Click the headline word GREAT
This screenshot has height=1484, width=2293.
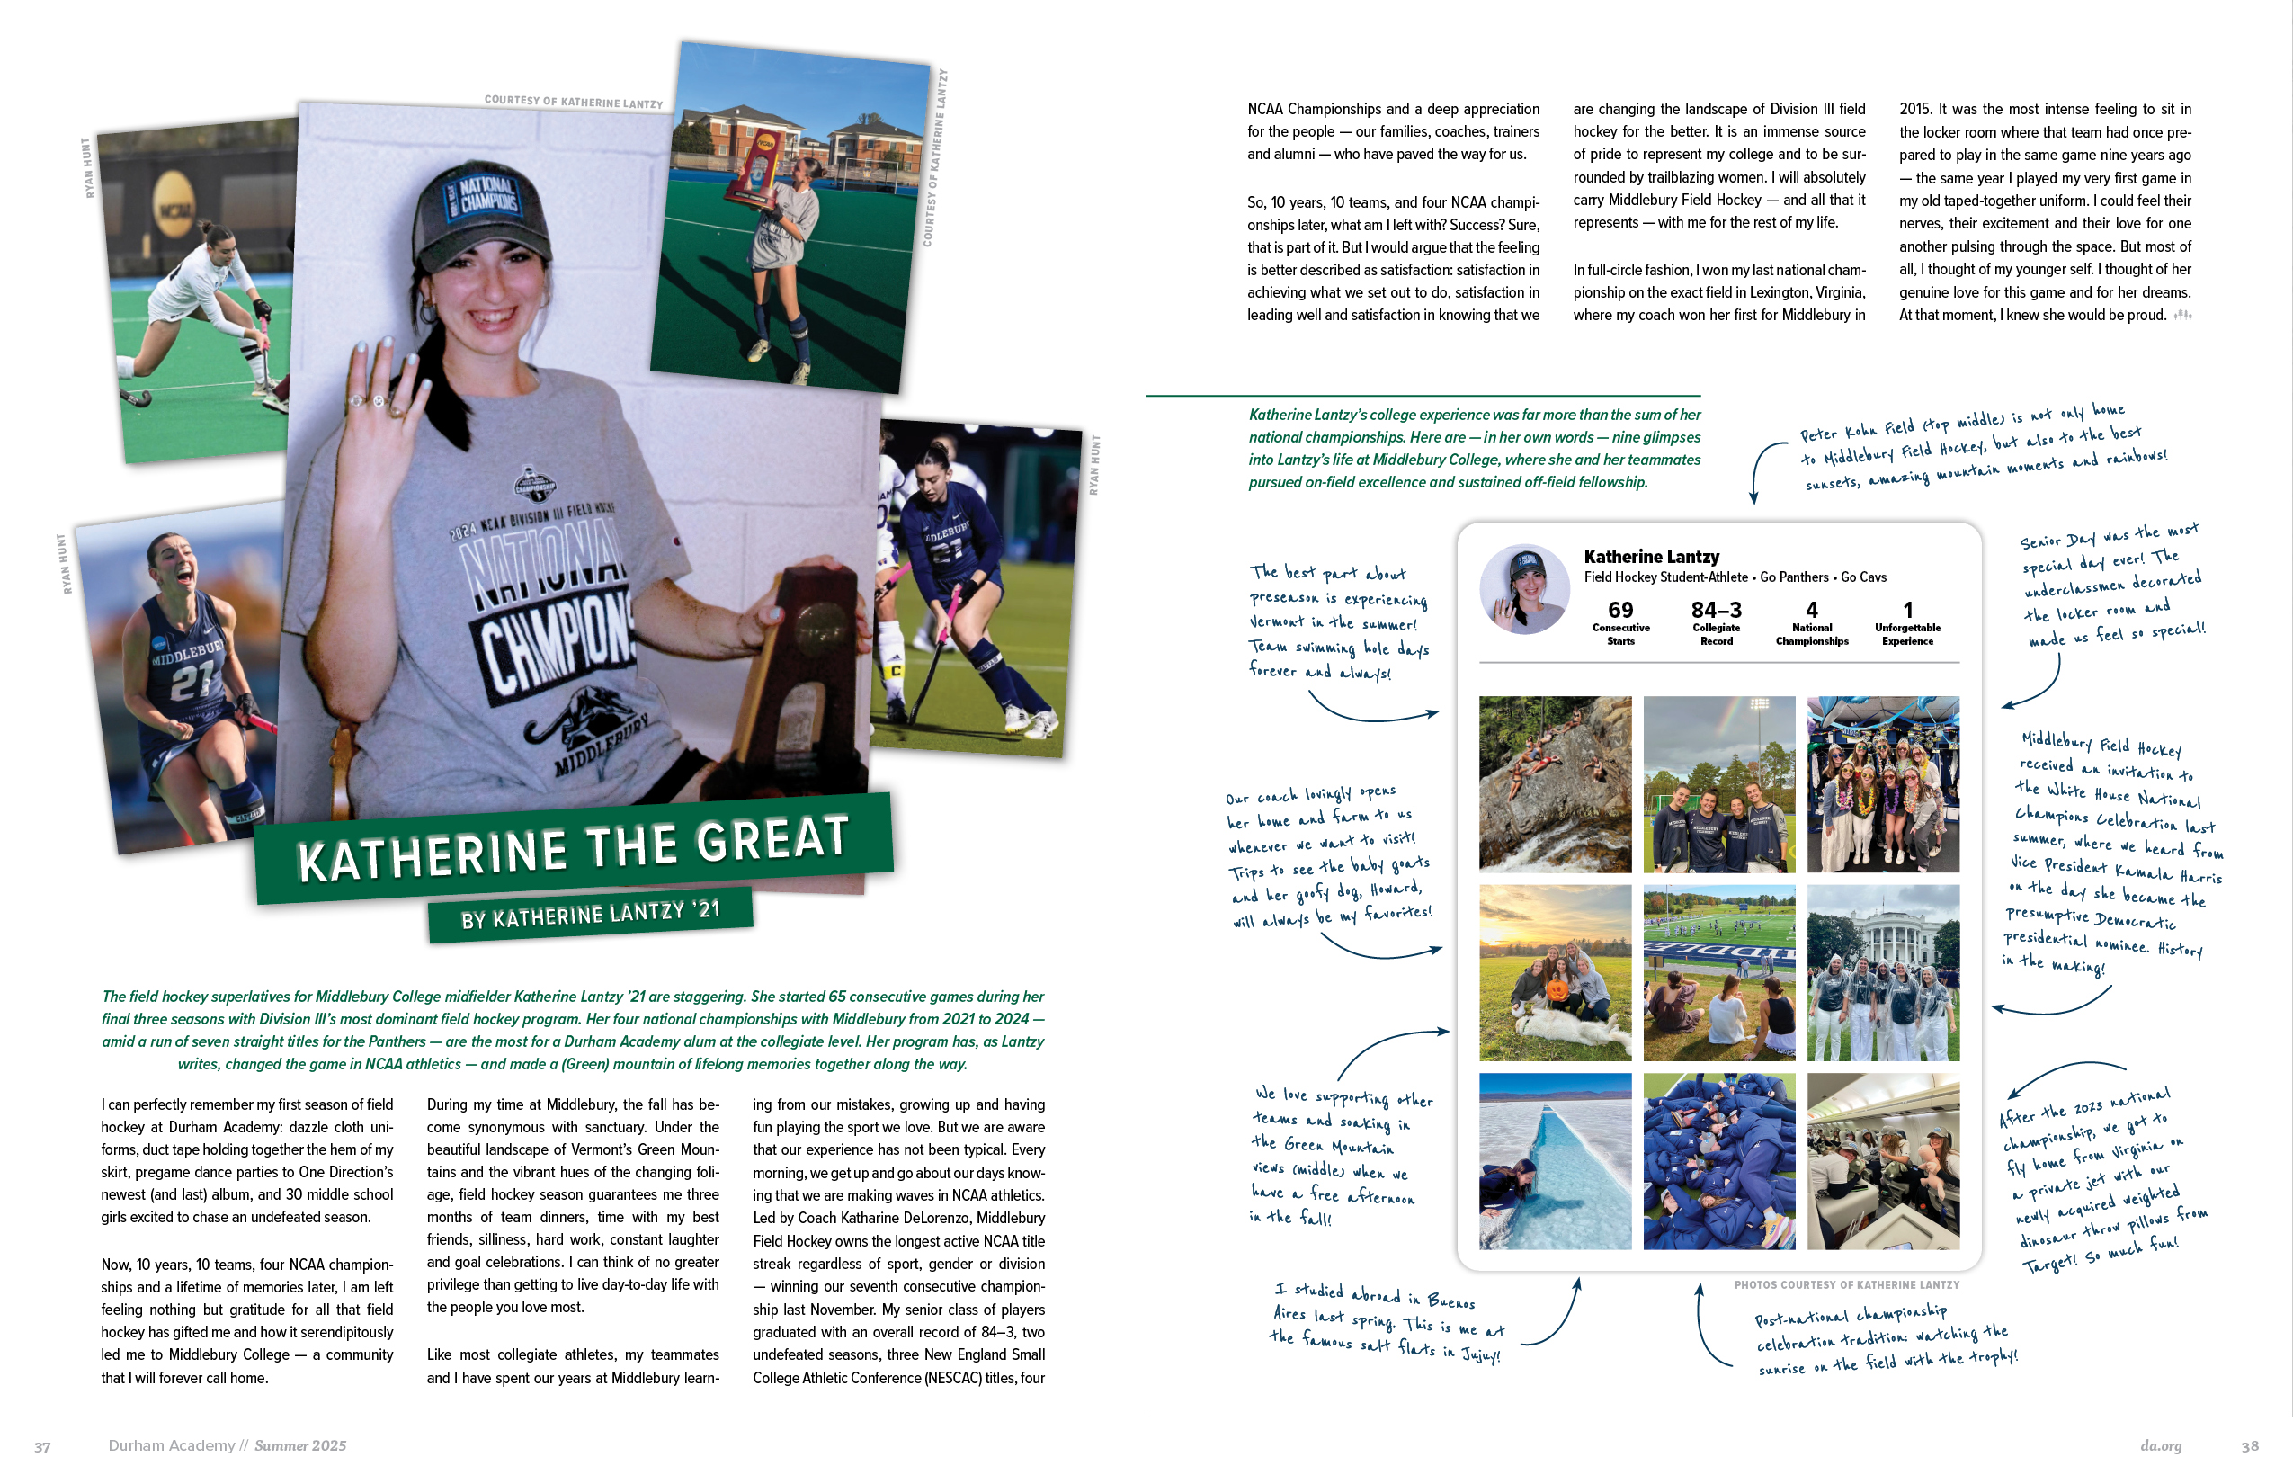772,839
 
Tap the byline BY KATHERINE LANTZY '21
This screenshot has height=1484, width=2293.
590,914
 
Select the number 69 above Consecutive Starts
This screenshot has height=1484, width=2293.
1620,610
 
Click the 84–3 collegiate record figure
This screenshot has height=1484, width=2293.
1716,610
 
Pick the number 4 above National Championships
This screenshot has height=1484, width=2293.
1811,610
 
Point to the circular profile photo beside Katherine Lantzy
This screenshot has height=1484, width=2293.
1524,589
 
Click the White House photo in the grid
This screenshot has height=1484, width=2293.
1883,972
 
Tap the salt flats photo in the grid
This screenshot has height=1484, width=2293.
1555,1160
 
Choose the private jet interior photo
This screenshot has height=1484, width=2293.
1883,1160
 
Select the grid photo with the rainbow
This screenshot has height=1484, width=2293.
1718,783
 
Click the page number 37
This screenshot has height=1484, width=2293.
42,1446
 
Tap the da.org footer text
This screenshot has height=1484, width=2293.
2160,1445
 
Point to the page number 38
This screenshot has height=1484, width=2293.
2250,1445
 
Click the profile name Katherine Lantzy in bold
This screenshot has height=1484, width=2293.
1651,557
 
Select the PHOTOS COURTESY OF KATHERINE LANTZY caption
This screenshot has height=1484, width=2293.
1846,1284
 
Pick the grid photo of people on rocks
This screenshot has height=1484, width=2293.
1555,783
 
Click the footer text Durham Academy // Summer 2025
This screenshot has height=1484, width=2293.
228,1445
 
